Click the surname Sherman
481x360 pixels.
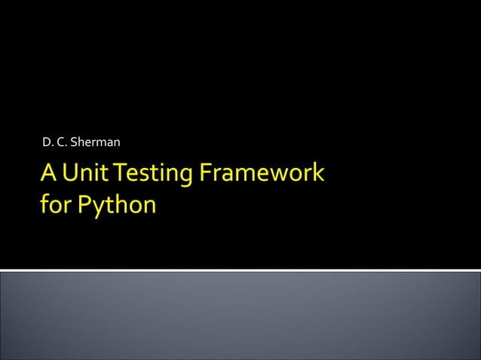tap(95, 142)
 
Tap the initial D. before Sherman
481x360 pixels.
tap(47, 142)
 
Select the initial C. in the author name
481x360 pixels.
tap(62, 142)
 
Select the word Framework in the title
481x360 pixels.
tap(262, 173)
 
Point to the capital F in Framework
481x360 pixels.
tap(206, 173)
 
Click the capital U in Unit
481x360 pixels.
tap(71, 173)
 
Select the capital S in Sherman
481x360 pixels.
tap(73, 142)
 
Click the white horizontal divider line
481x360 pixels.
tap(240, 270)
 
